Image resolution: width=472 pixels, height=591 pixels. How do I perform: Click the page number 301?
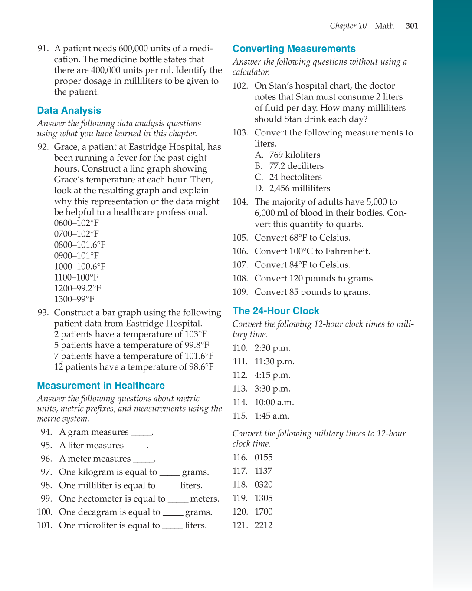point(412,26)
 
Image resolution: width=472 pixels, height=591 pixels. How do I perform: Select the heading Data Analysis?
point(69,111)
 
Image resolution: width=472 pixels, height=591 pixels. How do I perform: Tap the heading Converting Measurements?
point(294,49)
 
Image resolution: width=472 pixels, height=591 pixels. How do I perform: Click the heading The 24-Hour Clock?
point(275,311)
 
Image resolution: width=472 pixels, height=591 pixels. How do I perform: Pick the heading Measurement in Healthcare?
point(101,386)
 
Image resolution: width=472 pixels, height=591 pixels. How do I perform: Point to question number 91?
point(43,49)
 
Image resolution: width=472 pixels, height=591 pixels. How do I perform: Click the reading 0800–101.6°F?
point(80,245)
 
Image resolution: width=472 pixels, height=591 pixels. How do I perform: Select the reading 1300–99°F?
point(74,299)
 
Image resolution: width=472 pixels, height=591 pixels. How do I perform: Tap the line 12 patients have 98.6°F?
point(134,367)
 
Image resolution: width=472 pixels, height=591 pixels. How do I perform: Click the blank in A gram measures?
point(141,433)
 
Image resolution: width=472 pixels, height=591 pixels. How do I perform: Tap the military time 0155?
point(263,457)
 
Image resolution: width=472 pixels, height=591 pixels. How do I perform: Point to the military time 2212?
point(263,525)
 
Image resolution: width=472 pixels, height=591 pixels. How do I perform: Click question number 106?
point(240,251)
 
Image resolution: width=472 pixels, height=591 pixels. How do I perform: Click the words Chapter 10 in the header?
point(348,26)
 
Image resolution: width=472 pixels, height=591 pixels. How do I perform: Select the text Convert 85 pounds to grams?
point(312,292)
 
